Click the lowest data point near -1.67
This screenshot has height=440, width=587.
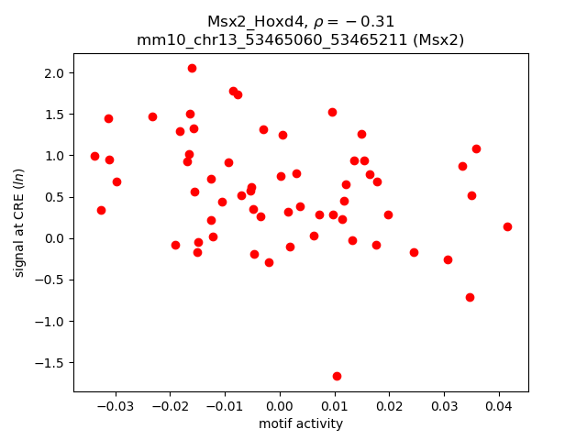click(x=337, y=376)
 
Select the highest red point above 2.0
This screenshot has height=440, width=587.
click(x=192, y=68)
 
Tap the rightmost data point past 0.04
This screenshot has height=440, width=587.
click(x=507, y=226)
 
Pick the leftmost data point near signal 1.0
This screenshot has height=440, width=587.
click(x=94, y=156)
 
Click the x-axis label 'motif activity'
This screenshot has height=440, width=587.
click(x=301, y=423)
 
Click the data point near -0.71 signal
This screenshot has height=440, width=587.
click(x=470, y=297)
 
